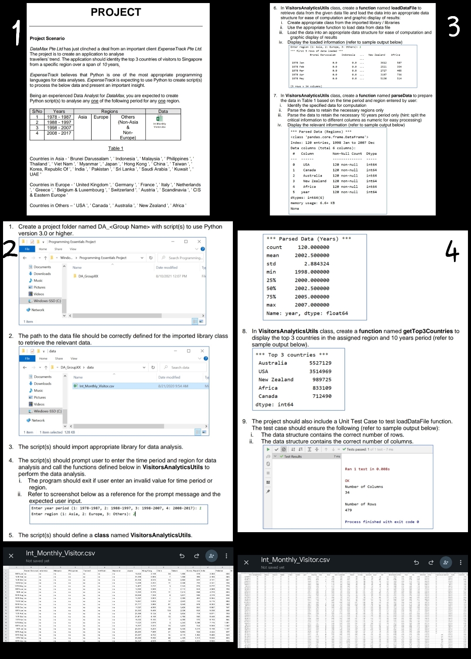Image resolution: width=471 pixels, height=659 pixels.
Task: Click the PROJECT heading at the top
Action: [x=116, y=12]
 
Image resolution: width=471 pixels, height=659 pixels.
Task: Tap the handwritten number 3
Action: [x=454, y=27]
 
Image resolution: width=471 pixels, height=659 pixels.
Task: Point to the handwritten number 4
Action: [x=453, y=251]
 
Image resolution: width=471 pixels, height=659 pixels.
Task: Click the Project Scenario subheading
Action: [x=47, y=38]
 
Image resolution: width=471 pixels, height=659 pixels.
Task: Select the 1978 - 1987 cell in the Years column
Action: [x=59, y=117]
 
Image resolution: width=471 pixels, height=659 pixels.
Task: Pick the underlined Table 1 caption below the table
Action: [x=116, y=148]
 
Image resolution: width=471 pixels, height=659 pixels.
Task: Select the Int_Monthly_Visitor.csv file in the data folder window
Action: [x=96, y=386]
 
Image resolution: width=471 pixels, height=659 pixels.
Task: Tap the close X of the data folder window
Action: [x=202, y=351]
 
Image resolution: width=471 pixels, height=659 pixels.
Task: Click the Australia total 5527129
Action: [x=320, y=363]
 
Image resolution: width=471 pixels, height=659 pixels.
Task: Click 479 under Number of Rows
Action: [x=348, y=510]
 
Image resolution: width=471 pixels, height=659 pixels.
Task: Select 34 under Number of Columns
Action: [x=347, y=493]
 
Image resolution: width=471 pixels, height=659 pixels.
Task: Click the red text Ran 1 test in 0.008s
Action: [x=367, y=469]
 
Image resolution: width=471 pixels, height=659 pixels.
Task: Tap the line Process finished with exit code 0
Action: [x=382, y=522]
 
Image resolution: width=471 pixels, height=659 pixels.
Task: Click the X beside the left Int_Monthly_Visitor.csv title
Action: [x=11, y=556]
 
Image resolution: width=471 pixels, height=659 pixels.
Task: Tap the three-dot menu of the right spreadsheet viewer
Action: [x=461, y=562]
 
